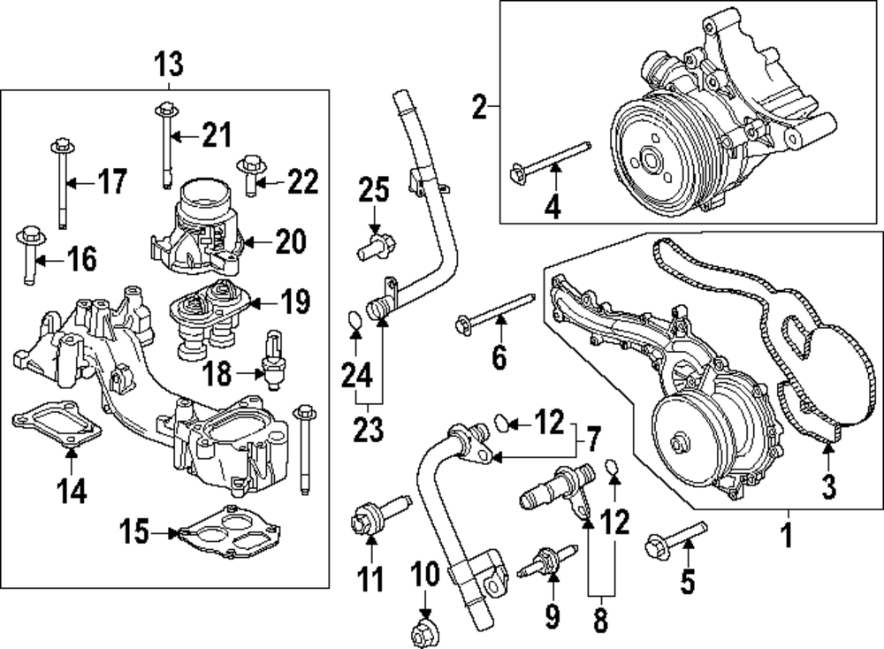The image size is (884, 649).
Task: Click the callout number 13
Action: point(169,65)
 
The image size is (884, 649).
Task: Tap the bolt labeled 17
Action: point(62,182)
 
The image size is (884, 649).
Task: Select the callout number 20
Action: point(291,241)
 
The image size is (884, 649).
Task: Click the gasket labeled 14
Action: point(57,425)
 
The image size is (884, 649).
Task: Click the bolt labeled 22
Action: point(251,175)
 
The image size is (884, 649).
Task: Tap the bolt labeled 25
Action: point(376,248)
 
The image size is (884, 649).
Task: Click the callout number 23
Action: point(369,431)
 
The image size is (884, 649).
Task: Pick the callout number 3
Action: point(829,487)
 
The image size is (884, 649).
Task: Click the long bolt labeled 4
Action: point(550,163)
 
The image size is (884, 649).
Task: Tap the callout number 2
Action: point(479,107)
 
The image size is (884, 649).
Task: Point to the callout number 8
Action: point(601,619)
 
